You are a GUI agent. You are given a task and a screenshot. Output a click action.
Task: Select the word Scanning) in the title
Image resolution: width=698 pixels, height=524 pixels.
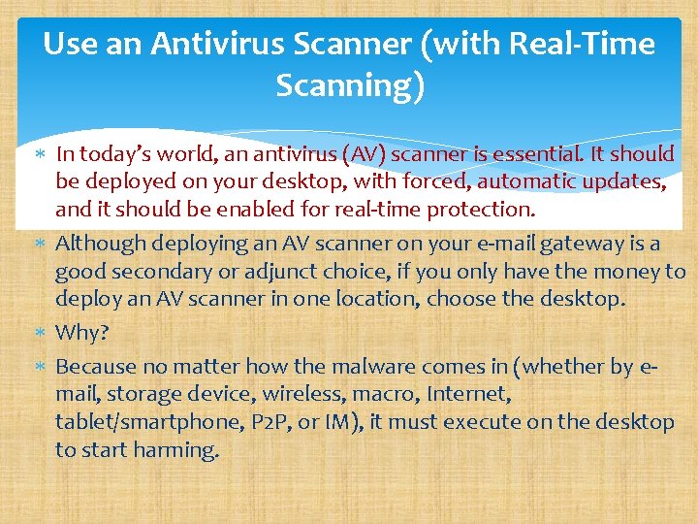click(x=350, y=86)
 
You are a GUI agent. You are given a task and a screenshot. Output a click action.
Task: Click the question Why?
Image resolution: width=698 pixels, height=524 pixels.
click(x=82, y=333)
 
